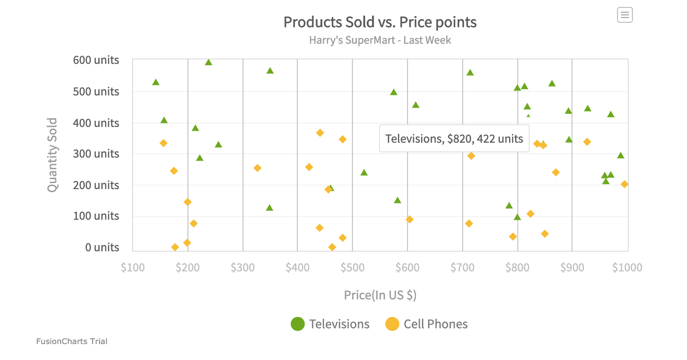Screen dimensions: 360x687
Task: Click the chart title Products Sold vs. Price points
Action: point(380,22)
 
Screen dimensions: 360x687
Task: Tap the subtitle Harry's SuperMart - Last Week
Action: point(380,40)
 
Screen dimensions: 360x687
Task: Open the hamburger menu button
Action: point(625,15)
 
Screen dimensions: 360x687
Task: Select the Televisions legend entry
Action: point(330,324)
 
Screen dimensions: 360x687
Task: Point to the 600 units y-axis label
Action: point(96,60)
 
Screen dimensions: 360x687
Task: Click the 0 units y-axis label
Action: point(102,247)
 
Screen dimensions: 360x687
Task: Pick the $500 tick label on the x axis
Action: point(352,268)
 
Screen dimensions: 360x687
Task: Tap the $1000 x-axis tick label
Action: point(627,268)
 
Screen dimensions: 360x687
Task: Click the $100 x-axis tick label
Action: point(133,268)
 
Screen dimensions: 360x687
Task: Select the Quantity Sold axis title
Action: point(52,155)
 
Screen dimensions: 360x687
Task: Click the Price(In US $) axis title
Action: point(380,295)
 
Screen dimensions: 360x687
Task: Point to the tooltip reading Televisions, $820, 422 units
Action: point(454,139)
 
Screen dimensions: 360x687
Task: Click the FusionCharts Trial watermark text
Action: point(72,341)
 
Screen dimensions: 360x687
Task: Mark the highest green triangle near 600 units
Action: point(209,62)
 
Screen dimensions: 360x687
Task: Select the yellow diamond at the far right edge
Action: point(624,184)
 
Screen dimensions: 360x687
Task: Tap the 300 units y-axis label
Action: point(96,154)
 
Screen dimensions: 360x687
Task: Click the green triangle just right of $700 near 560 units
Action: point(470,73)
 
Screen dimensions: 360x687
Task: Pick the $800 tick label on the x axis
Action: point(517,268)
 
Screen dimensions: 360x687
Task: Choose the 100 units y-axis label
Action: point(96,216)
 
